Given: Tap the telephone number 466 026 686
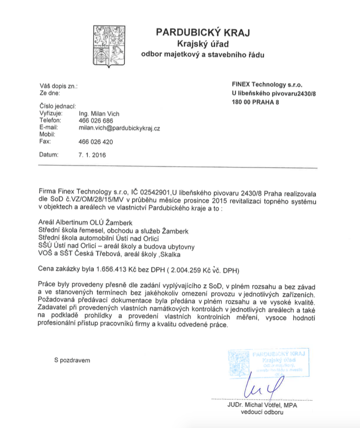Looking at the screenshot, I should coord(96,121).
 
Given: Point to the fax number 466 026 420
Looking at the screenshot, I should coord(96,142).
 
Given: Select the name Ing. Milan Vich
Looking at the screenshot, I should coord(99,114).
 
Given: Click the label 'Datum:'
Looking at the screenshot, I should coord(49,155).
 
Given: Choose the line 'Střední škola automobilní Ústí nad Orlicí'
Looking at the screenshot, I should coord(98,238).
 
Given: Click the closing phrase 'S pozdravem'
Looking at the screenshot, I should coord(72,360).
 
